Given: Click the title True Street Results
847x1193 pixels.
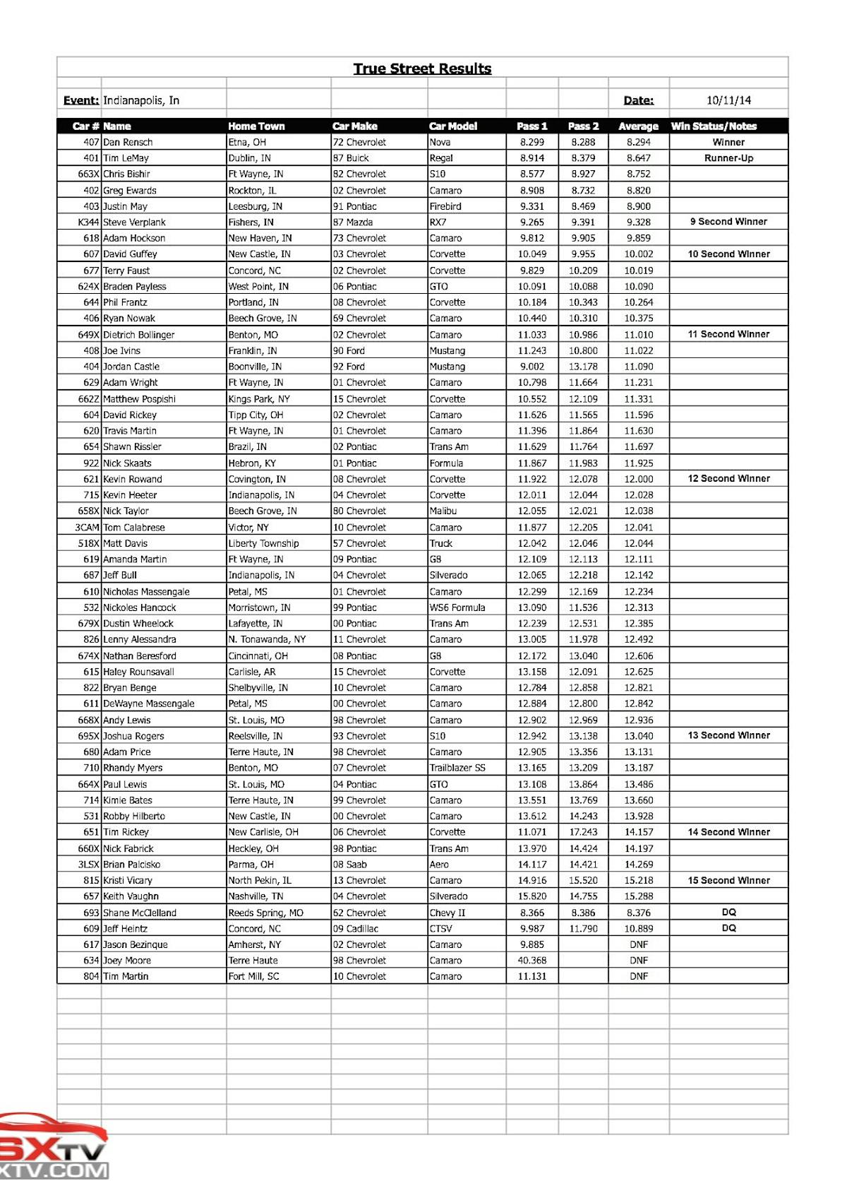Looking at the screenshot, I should pos(422,69).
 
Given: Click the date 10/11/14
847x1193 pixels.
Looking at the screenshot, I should pos(728,100).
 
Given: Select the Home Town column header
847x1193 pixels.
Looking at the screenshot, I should pos(256,126).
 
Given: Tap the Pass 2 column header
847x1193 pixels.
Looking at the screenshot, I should pos(583,126).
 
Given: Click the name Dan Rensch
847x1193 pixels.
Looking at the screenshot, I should pos(128,142).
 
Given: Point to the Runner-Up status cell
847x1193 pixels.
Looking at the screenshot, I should pos(728,158).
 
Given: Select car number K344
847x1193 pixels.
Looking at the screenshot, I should pos(88,222).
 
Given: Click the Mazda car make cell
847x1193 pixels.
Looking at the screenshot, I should pos(353,222).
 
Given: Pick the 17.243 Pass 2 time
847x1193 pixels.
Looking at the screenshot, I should pos(583,832).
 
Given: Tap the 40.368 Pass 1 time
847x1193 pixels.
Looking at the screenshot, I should pos(532,961).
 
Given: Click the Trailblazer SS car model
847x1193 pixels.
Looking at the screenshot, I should pos(457,768).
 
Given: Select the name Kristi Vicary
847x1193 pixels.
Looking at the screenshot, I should pos(128,880).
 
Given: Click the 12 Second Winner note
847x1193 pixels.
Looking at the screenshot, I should pos(728,479).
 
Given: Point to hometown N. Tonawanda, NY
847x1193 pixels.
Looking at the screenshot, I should pos(267,639).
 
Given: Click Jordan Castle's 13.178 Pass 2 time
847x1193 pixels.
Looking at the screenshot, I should pos(583,367).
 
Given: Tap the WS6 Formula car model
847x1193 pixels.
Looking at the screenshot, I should pos(457,607).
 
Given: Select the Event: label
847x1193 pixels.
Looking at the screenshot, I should pos(80,100).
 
